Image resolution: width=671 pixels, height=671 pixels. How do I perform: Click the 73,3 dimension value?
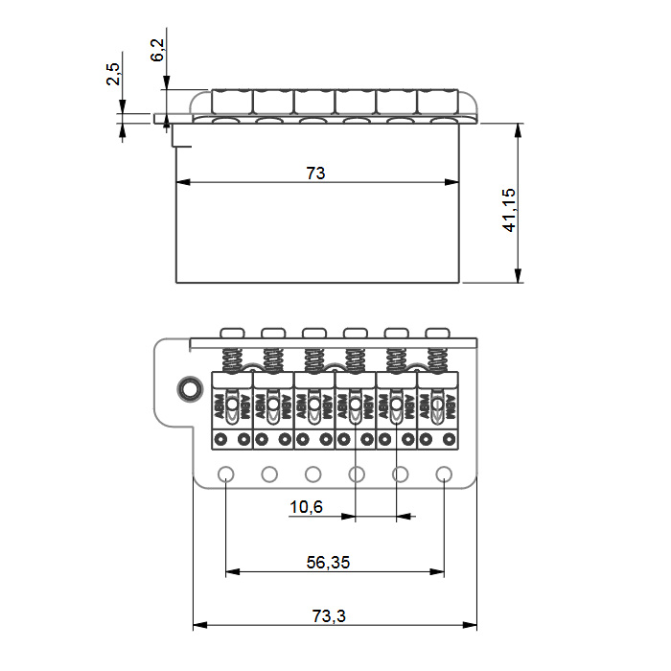(329, 615)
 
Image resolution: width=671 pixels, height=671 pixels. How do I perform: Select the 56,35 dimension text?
(328, 562)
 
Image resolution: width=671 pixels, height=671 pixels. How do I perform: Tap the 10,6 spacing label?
(306, 507)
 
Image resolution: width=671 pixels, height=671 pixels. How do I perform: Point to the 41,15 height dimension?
(509, 210)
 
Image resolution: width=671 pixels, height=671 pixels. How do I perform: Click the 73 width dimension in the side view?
(315, 173)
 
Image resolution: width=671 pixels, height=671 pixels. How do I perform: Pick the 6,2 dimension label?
(157, 50)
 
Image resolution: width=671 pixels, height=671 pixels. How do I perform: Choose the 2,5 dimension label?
(113, 74)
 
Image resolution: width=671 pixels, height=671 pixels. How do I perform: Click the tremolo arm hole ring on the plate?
(190, 388)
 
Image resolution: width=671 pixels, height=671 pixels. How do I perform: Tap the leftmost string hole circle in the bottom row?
(226, 474)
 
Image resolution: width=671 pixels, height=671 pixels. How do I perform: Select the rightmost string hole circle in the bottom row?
(444, 474)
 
